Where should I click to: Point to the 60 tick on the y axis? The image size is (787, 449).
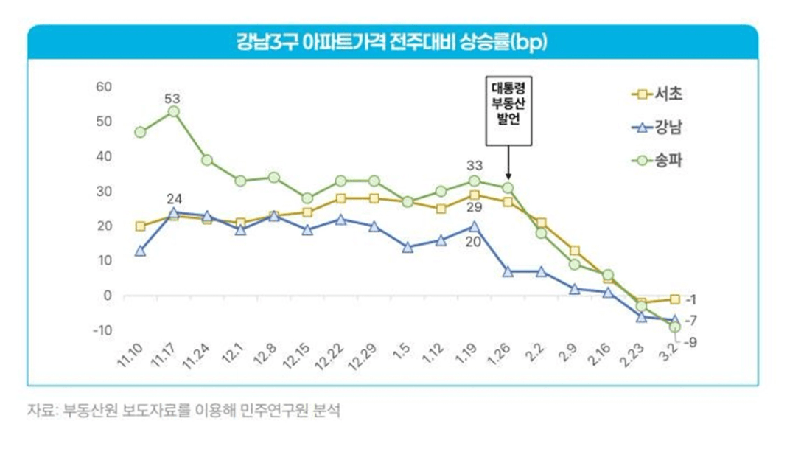pyautogui.click(x=103, y=87)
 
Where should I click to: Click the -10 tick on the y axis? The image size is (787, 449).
pyautogui.click(x=101, y=330)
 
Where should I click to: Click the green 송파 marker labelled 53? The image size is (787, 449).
pyautogui.click(x=173, y=111)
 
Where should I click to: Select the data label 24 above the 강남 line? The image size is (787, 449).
pyautogui.click(x=173, y=198)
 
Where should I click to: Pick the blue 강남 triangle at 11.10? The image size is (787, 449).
pyautogui.click(x=140, y=251)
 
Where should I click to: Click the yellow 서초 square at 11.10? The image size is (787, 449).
pyautogui.click(x=140, y=226)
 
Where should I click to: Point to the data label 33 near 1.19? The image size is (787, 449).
pyautogui.click(x=475, y=165)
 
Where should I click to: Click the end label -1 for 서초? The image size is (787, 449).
pyautogui.click(x=691, y=299)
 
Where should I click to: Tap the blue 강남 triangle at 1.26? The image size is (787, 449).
pyautogui.click(x=508, y=271)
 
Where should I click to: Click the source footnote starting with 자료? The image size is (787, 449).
pyautogui.click(x=184, y=410)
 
